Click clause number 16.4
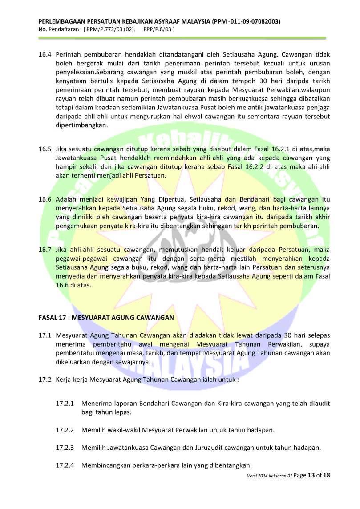[x=44, y=54]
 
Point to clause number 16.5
[x=44, y=149]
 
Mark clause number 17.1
[x=44, y=335]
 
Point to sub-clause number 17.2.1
[x=65, y=404]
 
